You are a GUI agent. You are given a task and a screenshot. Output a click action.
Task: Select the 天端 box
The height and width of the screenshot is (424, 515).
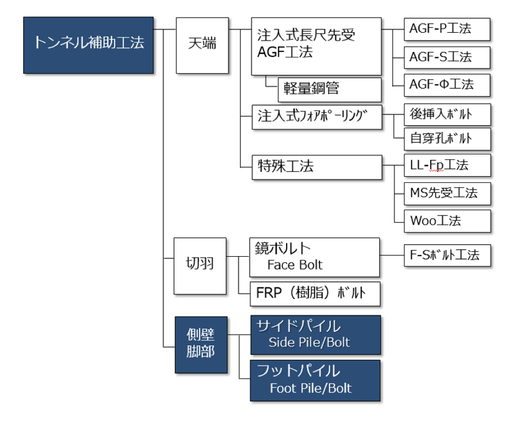202,45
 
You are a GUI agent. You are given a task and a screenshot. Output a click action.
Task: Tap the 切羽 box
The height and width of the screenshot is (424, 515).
199,265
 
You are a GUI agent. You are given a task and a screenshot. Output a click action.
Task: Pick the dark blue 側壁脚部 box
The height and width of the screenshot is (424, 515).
201,344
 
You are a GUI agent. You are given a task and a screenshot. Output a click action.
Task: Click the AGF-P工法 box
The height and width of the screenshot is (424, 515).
447,28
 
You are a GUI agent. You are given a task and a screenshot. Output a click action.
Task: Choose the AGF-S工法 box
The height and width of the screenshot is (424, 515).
447,58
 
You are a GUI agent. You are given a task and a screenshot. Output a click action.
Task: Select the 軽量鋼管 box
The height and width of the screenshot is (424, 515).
329,89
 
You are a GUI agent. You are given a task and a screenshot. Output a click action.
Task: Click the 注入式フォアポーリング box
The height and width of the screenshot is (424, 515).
316,116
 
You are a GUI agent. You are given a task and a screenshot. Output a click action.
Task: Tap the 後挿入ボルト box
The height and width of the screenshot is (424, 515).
447,113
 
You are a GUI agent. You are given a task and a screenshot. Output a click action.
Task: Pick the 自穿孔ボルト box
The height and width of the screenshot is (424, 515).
447,138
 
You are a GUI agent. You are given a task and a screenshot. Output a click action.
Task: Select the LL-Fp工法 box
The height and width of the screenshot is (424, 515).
447,165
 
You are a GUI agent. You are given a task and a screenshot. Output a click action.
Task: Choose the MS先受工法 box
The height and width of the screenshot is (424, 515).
447,193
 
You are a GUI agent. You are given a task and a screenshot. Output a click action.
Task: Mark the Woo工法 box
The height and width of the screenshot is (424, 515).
447,219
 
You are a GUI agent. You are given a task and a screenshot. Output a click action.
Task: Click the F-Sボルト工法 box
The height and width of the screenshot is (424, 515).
447,255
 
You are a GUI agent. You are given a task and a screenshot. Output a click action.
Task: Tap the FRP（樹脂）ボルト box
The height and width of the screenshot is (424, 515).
315,294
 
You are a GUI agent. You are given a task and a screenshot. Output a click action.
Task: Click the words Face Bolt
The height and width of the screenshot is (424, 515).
295,265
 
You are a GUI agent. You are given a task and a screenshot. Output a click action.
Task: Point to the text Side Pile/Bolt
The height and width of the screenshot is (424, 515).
309,342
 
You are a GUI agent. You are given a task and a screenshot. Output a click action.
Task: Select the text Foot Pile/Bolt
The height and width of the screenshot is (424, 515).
310,388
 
